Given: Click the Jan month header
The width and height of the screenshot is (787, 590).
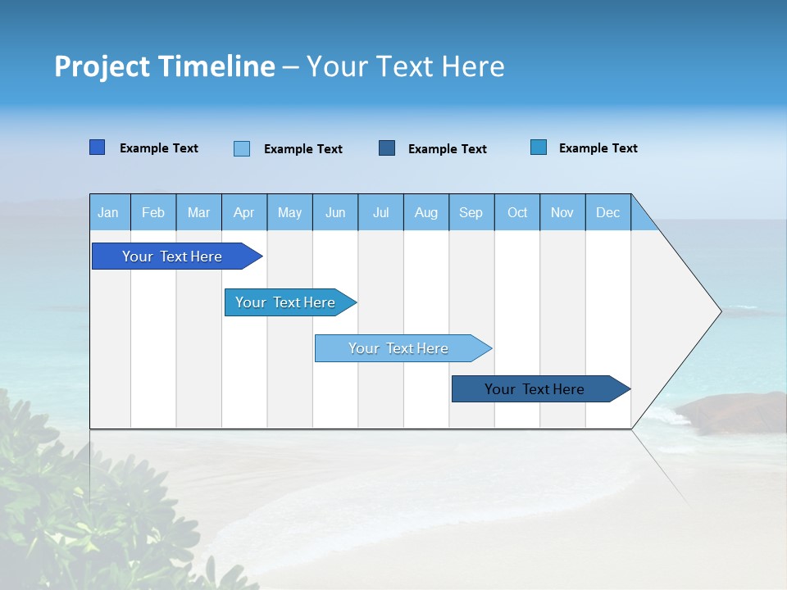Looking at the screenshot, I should point(108,212).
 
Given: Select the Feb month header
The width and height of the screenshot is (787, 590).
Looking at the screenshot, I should point(153,212).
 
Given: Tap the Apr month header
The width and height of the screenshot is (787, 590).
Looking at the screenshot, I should point(243,212).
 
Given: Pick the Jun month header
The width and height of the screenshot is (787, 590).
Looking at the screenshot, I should point(335,212).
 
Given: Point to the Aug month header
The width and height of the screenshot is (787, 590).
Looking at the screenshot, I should point(426,212).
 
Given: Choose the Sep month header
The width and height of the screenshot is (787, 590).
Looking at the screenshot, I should point(471,212).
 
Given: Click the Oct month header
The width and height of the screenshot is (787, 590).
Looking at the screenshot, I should point(517,212).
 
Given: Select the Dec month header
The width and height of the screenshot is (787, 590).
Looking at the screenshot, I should point(608,212).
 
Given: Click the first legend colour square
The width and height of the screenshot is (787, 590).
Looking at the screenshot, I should point(98,147).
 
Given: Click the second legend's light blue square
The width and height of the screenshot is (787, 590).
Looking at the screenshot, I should point(242,148).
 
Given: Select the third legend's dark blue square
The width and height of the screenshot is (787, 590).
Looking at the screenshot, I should point(387,147).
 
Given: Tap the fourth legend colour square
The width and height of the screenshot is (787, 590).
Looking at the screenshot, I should point(539,147).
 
